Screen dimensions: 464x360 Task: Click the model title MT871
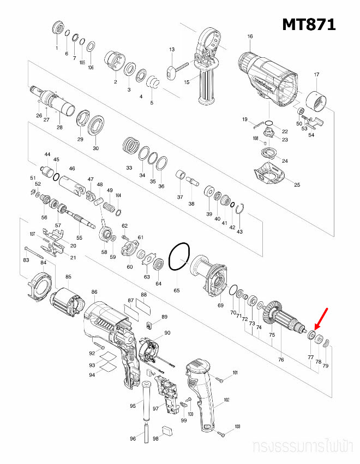(x=308, y=24)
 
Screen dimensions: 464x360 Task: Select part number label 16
(x=250, y=37)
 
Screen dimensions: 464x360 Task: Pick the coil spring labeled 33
(x=130, y=146)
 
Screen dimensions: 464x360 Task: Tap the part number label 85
(x=68, y=277)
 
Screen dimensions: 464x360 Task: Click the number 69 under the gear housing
(x=220, y=305)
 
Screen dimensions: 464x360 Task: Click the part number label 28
(x=59, y=127)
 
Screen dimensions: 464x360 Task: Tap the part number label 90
(x=167, y=333)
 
